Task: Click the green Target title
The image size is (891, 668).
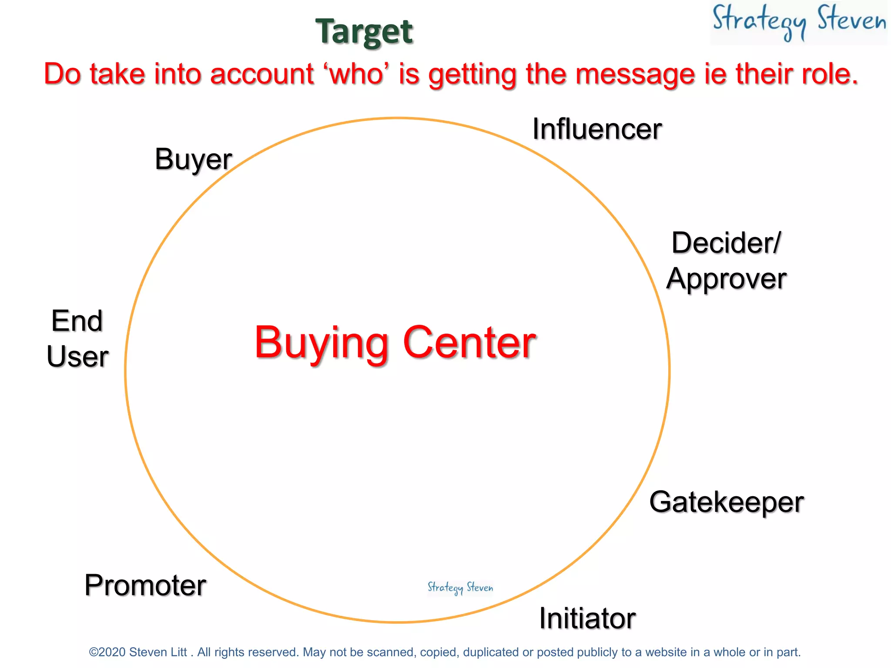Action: pos(364,32)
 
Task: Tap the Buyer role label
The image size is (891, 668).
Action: pos(193,160)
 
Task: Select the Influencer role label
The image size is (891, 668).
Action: pos(597,129)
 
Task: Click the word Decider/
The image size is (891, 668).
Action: pos(726,243)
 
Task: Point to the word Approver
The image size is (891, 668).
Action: pos(726,279)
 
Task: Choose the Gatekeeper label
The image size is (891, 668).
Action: pos(726,502)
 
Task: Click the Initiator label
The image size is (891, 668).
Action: pos(587,618)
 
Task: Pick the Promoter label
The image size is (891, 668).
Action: pos(145,585)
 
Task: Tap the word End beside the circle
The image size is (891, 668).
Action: pos(77,321)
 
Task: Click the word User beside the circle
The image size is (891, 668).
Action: pos(77,357)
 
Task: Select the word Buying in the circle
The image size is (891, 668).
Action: pos(321,344)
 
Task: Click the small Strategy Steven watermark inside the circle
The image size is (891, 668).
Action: pos(460,588)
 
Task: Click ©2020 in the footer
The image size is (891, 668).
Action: pos(107,652)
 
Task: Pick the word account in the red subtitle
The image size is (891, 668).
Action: pos(262,74)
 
